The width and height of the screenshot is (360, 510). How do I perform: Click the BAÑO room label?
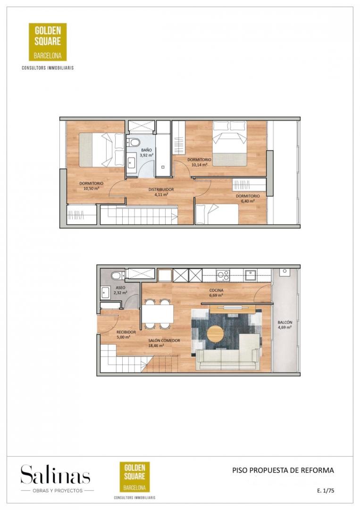tap(146, 150)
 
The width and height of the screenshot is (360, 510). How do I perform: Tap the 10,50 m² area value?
tap(92, 188)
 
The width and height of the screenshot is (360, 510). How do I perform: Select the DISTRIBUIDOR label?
tap(161, 189)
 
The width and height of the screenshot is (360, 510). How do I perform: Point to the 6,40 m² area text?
tap(248, 201)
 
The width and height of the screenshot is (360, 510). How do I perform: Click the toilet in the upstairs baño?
tap(133, 142)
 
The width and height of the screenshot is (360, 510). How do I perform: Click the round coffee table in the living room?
tap(216, 334)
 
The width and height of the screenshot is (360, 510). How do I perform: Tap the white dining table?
tap(158, 314)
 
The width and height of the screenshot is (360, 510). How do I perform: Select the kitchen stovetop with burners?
tap(223, 275)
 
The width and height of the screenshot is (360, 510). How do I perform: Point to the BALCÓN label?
tap(285, 323)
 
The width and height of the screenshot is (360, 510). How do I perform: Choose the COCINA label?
tap(216, 290)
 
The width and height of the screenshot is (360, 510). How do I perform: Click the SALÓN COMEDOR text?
tap(164, 340)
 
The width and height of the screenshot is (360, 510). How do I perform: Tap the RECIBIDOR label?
tap(126, 332)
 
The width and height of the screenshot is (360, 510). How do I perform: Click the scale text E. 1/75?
tap(326, 491)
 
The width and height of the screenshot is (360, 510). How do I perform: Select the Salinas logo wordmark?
tap(56, 475)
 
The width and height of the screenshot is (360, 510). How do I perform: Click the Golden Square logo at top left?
tap(48, 42)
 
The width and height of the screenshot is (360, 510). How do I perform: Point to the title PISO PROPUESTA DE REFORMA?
tap(283, 470)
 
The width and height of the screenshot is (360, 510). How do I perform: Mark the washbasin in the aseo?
tap(105, 292)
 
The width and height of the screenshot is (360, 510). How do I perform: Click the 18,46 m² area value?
tap(156, 346)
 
